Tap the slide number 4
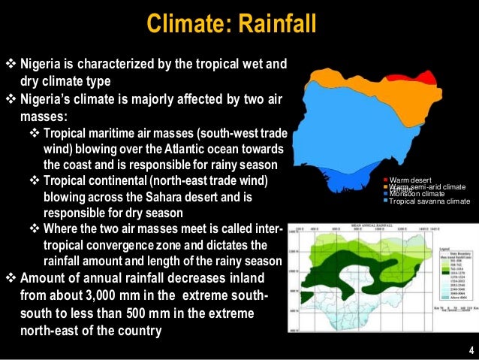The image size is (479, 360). pos(470,351)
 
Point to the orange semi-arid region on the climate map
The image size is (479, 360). pos(360,76)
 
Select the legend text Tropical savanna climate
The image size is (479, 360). pos(430,201)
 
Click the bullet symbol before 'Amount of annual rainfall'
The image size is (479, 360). pos(10,278)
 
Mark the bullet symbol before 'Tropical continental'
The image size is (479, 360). pos(34,181)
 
